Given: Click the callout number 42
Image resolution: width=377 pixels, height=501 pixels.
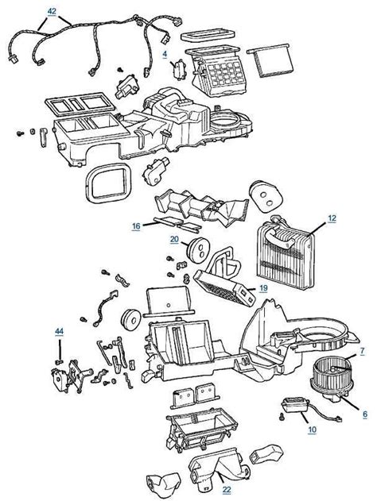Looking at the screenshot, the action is [52, 11].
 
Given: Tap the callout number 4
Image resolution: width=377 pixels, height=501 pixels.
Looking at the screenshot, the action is [165, 54].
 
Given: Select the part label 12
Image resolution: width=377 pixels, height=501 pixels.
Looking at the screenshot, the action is [332, 218].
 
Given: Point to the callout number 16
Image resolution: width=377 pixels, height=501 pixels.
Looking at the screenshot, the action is [136, 226].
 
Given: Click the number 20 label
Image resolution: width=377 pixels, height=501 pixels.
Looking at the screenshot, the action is [174, 239].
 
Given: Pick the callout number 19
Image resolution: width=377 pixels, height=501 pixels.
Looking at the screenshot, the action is [263, 288].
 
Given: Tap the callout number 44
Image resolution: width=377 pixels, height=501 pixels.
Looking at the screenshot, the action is [59, 331].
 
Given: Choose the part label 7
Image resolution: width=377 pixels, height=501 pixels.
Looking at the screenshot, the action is [362, 351].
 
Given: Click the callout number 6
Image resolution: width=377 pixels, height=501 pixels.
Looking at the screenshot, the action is [365, 414].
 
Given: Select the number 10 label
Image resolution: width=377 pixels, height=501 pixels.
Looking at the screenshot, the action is [312, 430].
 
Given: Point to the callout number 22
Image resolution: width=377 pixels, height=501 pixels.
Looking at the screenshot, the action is [227, 490].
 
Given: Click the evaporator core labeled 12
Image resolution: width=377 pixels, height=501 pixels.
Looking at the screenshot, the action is [284, 252].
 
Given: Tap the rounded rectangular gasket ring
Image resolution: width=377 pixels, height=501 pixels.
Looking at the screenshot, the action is [108, 183].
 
